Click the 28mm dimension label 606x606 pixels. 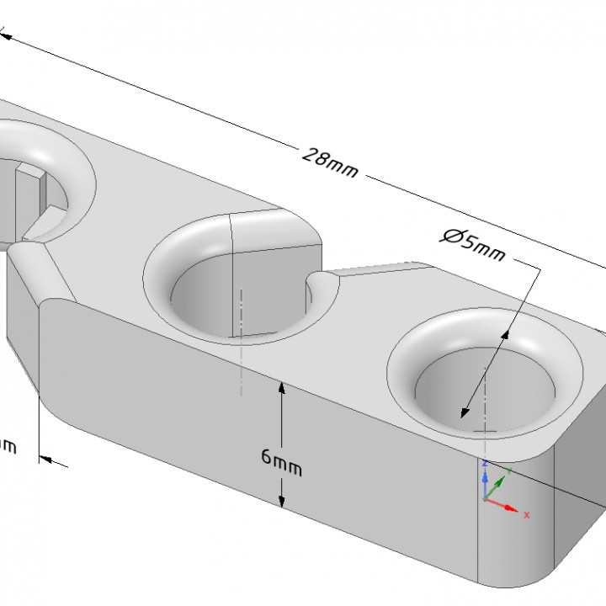[329, 162]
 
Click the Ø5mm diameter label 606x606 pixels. [472, 244]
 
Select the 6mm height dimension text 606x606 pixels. [281, 460]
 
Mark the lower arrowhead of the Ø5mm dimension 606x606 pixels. [462, 412]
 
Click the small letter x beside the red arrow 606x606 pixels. [527, 513]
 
